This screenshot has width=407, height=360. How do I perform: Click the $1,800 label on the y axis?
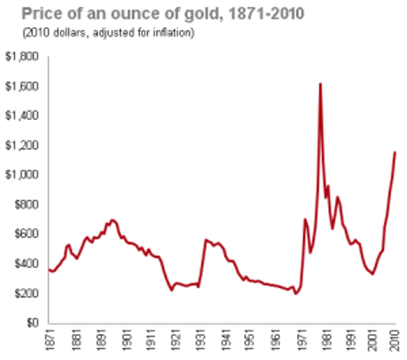[x=22, y=57]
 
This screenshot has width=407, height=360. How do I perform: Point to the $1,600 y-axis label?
[x=22, y=87]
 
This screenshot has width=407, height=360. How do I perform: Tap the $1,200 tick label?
[x=22, y=146]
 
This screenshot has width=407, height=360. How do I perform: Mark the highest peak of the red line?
[x=320, y=84]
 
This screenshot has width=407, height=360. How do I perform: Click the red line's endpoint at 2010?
[x=395, y=152]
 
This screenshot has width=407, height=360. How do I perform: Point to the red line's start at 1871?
[x=49, y=269]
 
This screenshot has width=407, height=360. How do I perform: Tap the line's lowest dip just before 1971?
[x=296, y=294]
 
